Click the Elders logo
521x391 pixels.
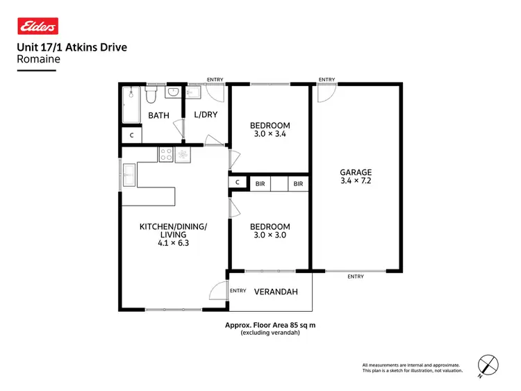click(38, 26)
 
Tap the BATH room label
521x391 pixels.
click(159, 115)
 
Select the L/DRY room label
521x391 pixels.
click(205, 115)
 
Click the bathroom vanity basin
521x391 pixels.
click(174, 92)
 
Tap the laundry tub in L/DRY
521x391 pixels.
click(194, 94)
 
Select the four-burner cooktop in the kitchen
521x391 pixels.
click(166, 156)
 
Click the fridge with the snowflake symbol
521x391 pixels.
click(183, 156)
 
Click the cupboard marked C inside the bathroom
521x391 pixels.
click(131, 136)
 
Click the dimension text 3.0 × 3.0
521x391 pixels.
click(270, 235)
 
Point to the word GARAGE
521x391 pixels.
click(356, 172)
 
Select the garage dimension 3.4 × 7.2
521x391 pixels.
click(356, 181)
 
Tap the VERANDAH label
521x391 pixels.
click(276, 292)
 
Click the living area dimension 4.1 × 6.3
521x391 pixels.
click(173, 244)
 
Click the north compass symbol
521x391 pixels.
click(488, 365)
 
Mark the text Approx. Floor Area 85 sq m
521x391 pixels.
click(270, 325)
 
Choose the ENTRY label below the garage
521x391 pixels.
click(355, 276)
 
